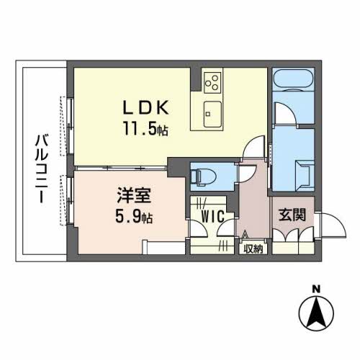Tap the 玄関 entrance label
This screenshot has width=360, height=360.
coord(293,215)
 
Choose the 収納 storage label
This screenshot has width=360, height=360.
coord(253,250)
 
